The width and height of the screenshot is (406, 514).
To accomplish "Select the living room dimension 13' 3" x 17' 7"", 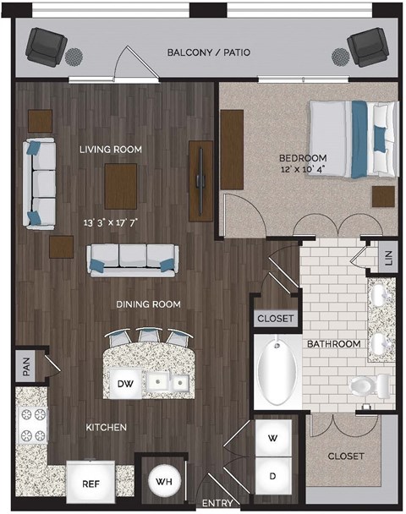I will coord(111,222).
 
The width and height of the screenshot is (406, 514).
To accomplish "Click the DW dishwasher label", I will coord(125,385).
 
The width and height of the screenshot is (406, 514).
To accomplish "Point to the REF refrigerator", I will coord(91,484).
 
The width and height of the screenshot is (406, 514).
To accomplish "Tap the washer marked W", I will coord(272,439).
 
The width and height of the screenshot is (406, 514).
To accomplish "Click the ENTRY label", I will coord(218,503).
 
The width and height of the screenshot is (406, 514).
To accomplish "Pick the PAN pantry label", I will coord(26,366).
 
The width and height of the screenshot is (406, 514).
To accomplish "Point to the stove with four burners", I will coord(32,426).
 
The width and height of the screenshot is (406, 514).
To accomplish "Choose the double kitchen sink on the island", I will coord(167,384).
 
